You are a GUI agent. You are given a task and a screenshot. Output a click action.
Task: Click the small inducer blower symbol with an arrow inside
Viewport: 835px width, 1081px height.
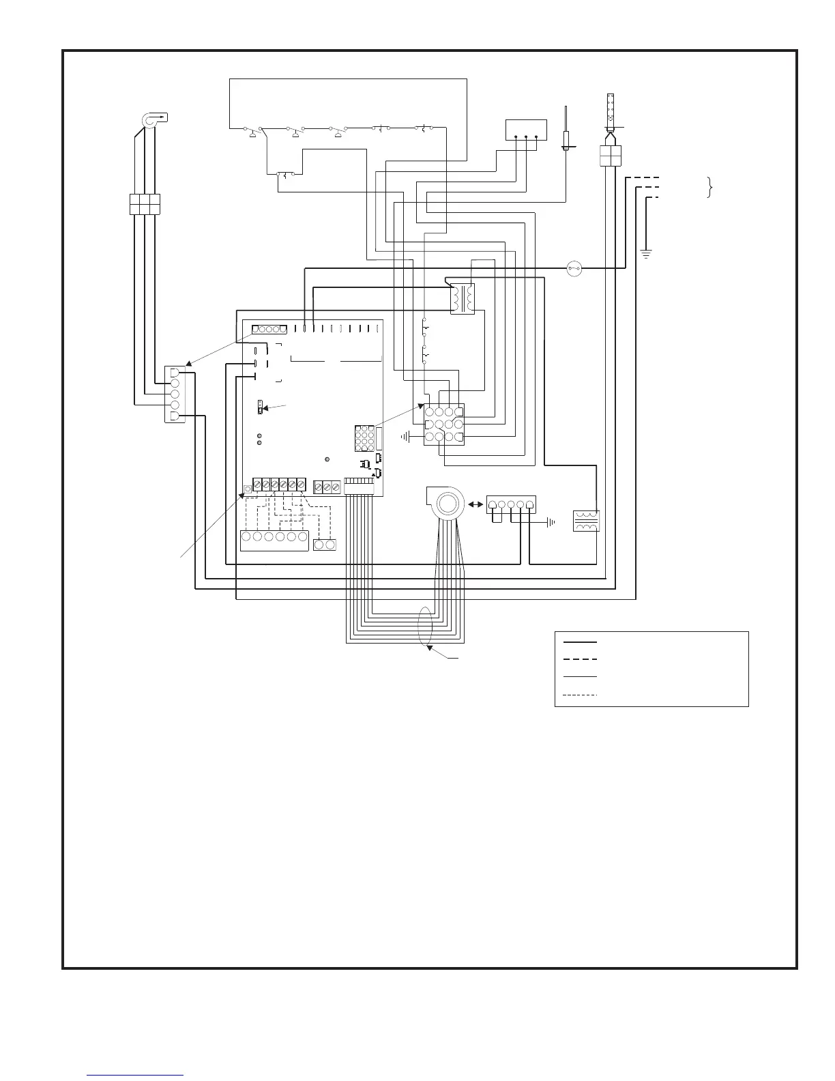click(x=153, y=119)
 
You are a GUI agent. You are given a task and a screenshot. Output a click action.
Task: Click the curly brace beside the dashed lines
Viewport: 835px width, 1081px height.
click(x=710, y=187)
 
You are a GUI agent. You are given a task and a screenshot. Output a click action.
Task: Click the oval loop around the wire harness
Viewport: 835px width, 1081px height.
click(x=427, y=625)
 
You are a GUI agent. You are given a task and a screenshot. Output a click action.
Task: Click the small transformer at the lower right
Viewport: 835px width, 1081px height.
click(x=586, y=522)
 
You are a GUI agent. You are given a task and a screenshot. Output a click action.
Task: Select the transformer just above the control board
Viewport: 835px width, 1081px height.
click(x=462, y=299)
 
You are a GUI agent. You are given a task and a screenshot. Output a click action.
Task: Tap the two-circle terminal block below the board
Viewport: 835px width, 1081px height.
click(x=324, y=545)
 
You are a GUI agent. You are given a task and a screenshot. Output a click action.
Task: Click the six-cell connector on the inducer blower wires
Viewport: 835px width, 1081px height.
click(x=145, y=204)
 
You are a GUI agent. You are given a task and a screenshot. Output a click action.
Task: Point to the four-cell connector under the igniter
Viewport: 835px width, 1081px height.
click(x=610, y=155)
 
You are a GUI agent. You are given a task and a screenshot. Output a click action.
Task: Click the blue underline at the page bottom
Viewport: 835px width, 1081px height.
click(x=136, y=1075)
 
